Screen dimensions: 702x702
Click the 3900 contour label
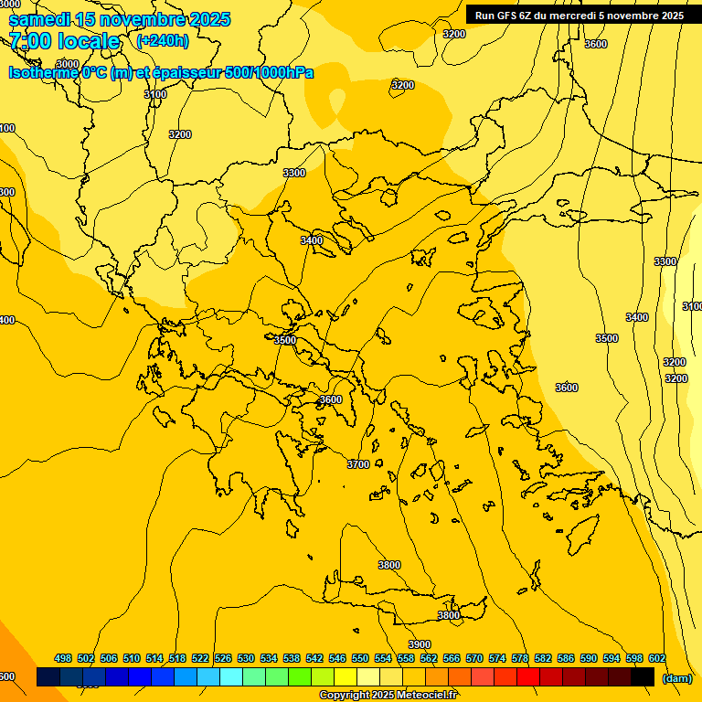tap(420, 644)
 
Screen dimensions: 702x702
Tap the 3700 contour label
tap(358, 464)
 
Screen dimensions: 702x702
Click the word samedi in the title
tap(39, 19)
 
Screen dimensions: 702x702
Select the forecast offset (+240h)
tap(163, 40)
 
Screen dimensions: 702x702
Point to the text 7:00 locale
tap(64, 41)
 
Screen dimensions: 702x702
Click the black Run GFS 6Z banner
tap(579, 15)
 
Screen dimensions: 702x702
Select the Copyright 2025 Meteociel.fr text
tap(388, 695)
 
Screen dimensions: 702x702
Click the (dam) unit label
tap(676, 678)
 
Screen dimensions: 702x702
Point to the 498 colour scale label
tap(63, 658)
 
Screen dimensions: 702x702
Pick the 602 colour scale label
tap(657, 658)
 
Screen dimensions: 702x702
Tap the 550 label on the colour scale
tap(360, 658)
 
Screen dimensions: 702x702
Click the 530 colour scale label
tap(246, 658)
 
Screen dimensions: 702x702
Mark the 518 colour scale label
tap(177, 658)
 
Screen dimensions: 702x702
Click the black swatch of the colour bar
tap(643, 676)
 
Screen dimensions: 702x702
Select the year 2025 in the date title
tap(209, 19)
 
